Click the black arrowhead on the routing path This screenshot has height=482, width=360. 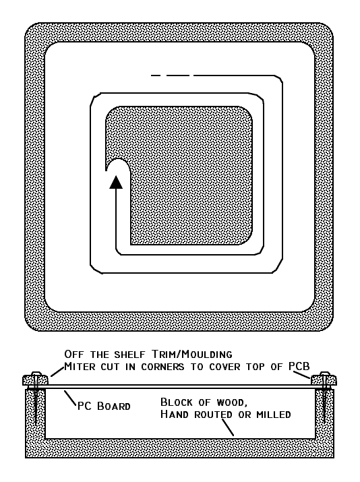point(116,182)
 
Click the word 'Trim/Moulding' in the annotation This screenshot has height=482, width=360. point(192,355)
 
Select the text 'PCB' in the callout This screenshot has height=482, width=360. point(299,366)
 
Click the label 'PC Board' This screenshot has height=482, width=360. point(104,406)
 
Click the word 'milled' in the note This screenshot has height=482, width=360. point(274,415)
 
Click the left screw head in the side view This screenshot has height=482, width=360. point(36,373)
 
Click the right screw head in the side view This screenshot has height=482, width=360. point(325,373)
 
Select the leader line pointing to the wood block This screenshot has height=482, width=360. point(228,427)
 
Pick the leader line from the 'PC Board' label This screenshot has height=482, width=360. point(70,398)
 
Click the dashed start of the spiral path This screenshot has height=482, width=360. point(173,75)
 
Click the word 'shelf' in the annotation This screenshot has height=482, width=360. point(129,355)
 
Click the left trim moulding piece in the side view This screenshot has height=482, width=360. point(35,380)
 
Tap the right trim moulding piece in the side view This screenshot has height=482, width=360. point(324,380)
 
